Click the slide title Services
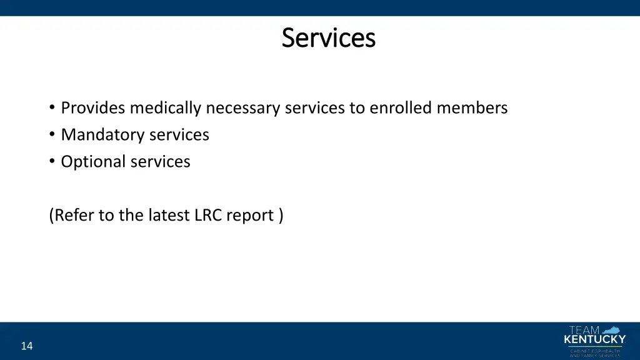click(328, 37)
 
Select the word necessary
click(243, 109)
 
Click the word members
click(472, 108)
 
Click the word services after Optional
click(160, 162)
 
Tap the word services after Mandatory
click(179, 135)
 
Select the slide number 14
click(26, 346)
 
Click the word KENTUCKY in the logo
click(594, 340)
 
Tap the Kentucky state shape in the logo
click(612, 329)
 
